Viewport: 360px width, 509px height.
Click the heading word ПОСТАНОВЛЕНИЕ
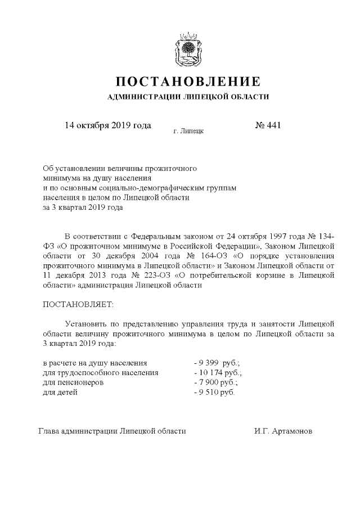tap(188, 81)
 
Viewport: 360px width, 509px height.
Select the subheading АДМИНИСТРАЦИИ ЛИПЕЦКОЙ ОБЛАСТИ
tap(188, 97)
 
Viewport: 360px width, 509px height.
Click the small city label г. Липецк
tap(188, 131)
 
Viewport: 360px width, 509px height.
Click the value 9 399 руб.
tap(217, 363)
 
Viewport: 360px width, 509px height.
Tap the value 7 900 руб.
tap(217, 382)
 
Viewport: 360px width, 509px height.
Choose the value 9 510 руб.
tap(214, 392)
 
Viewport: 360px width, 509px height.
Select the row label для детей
tap(60, 392)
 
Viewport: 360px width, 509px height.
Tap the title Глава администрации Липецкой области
tap(111, 431)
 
